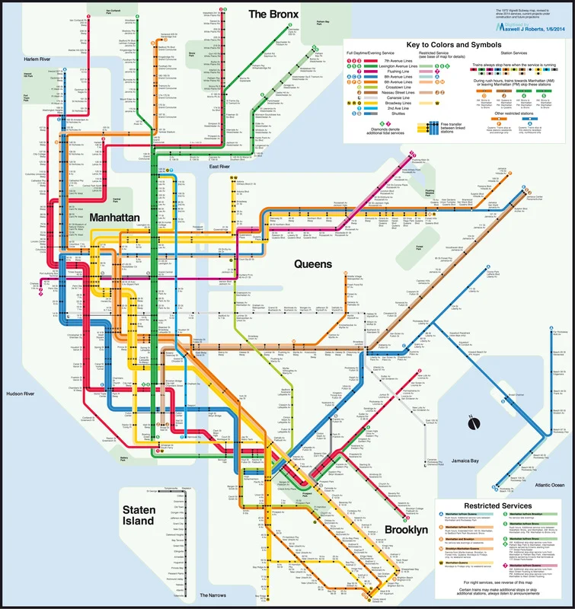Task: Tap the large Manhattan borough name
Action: (115, 217)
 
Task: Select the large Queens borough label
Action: (313, 264)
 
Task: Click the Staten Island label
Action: (144, 515)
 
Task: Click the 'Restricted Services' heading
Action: (498, 505)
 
